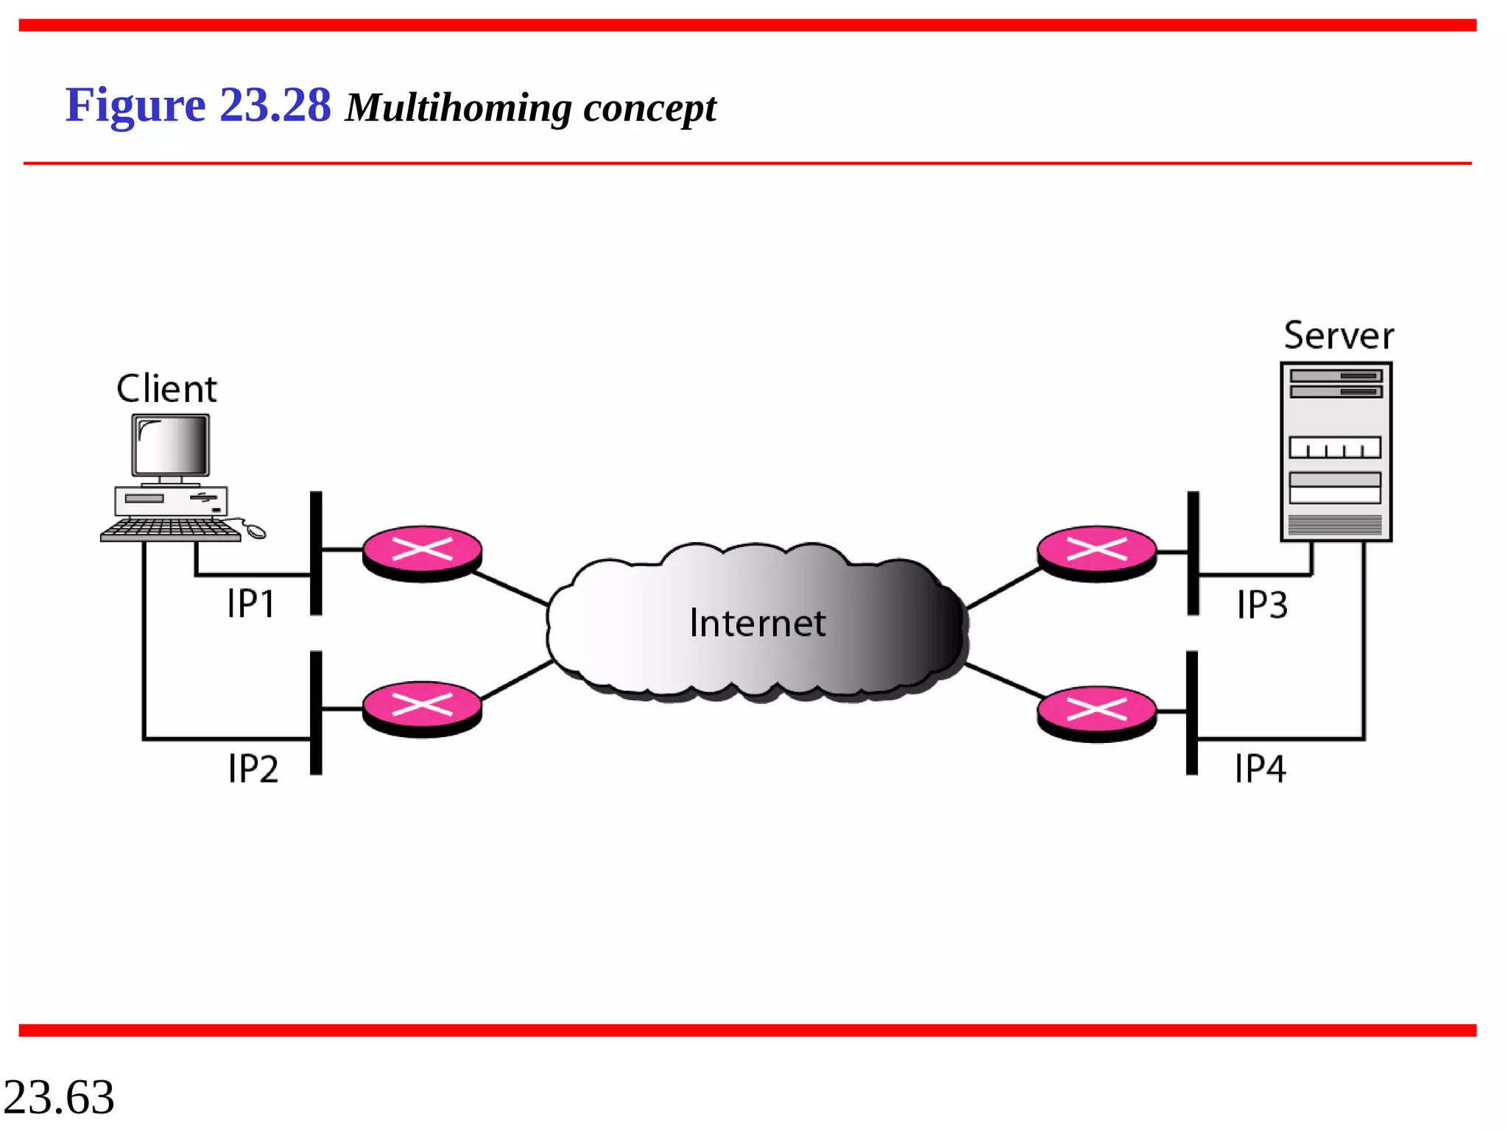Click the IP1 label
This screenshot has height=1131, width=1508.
click(x=251, y=605)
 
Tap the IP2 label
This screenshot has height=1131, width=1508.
click(x=253, y=769)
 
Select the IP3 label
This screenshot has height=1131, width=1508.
click(x=1262, y=605)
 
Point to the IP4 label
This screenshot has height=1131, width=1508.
click(x=1261, y=769)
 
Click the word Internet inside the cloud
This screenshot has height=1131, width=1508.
click(x=758, y=624)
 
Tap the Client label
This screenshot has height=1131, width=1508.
click(x=167, y=389)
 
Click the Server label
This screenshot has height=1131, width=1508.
click(x=1339, y=336)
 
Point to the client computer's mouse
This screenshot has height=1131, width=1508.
click(x=256, y=531)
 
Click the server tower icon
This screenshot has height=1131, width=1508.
click(x=1336, y=452)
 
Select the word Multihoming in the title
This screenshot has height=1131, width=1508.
click(x=458, y=108)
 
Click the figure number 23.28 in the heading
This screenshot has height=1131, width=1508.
click(x=275, y=105)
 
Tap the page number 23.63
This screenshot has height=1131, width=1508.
click(x=59, y=1097)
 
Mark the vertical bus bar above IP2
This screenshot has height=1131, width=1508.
click(x=316, y=712)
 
